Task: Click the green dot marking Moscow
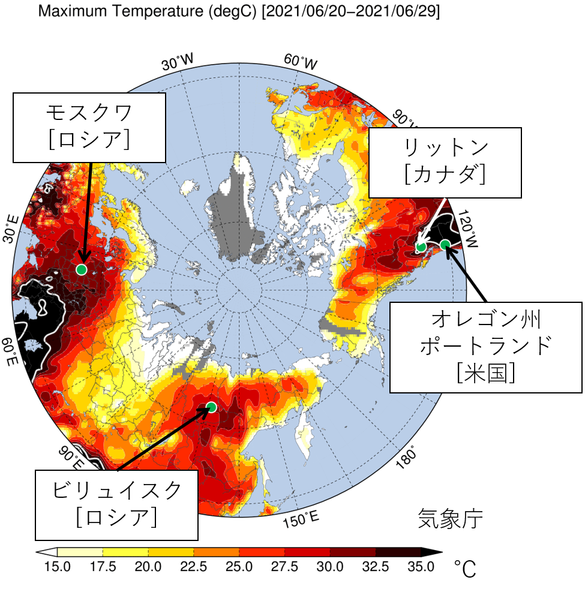click(82, 269)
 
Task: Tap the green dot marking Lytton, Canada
click(421, 247)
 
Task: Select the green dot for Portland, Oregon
click(445, 244)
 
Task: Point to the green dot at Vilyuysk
click(211, 407)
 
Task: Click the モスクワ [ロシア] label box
click(89, 127)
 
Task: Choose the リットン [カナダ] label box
click(445, 162)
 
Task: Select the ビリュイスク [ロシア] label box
click(117, 504)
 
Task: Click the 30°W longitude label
click(178, 62)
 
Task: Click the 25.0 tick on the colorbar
click(239, 567)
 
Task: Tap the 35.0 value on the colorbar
click(421, 567)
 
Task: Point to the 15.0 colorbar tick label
click(57, 567)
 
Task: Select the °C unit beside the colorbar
click(464, 568)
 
